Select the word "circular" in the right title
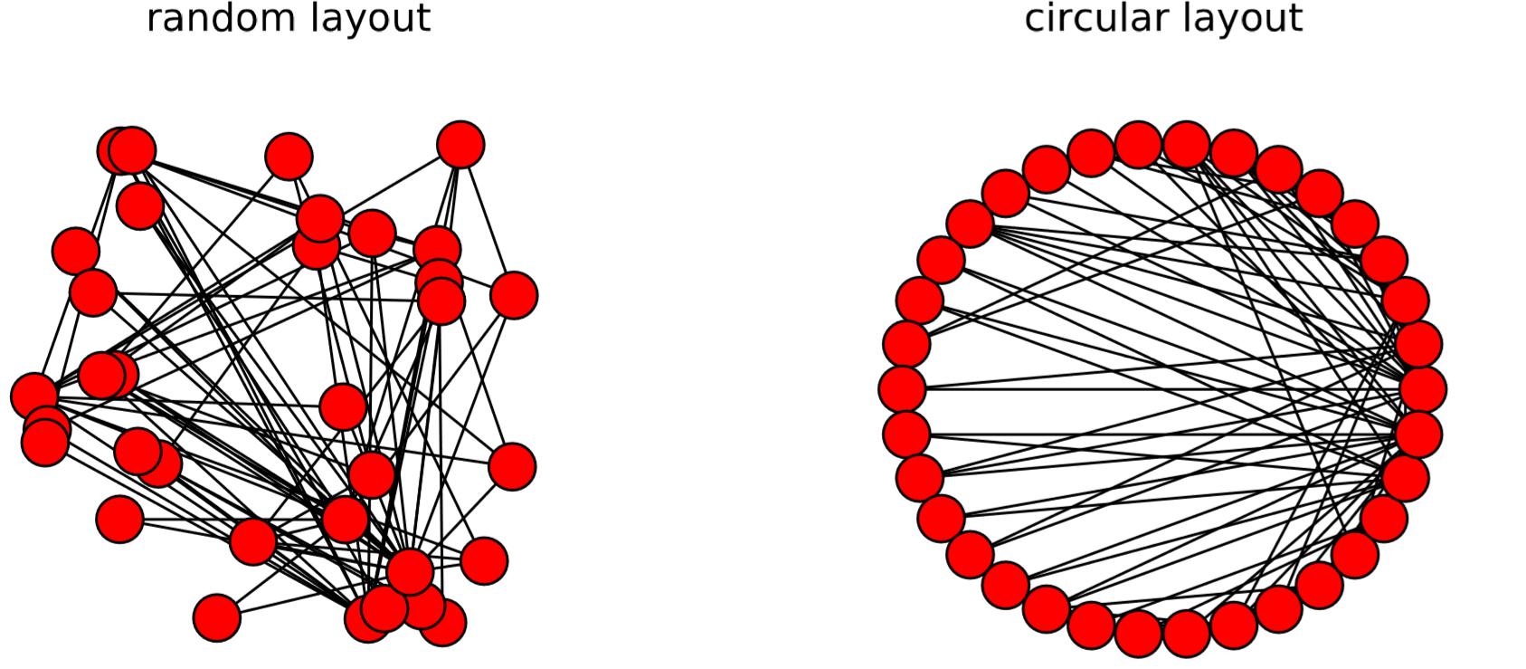tap(1087, 18)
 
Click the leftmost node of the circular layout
tap(902, 389)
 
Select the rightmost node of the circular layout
tap(1423, 389)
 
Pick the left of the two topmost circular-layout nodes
tap(1139, 145)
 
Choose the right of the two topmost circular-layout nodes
tap(1187, 145)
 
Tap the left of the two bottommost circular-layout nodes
tap(1139, 634)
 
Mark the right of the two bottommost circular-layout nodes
tap(1187, 634)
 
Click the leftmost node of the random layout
tap(34, 396)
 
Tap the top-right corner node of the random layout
tap(460, 145)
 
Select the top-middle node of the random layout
tap(289, 157)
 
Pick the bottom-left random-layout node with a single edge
tap(217, 618)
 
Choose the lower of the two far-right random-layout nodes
tap(512, 467)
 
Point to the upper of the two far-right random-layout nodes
tap(514, 295)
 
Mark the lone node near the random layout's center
tap(343, 406)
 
